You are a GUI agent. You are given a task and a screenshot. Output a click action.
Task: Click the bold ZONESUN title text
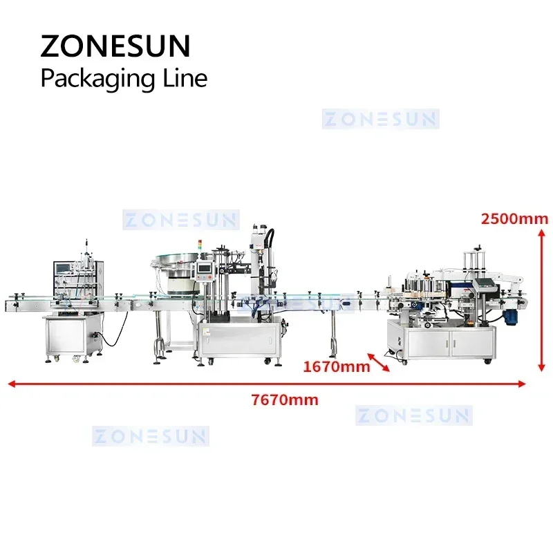pyautogui.click(x=115, y=46)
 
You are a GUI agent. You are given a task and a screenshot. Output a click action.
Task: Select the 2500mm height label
pyautogui.click(x=514, y=219)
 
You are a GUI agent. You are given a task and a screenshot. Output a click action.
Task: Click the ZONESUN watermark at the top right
pyautogui.click(x=380, y=118)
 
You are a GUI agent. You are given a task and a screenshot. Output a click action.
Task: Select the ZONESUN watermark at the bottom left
pyautogui.click(x=150, y=436)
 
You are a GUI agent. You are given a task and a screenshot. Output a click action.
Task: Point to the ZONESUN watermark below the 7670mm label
pyautogui.click(x=413, y=415)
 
